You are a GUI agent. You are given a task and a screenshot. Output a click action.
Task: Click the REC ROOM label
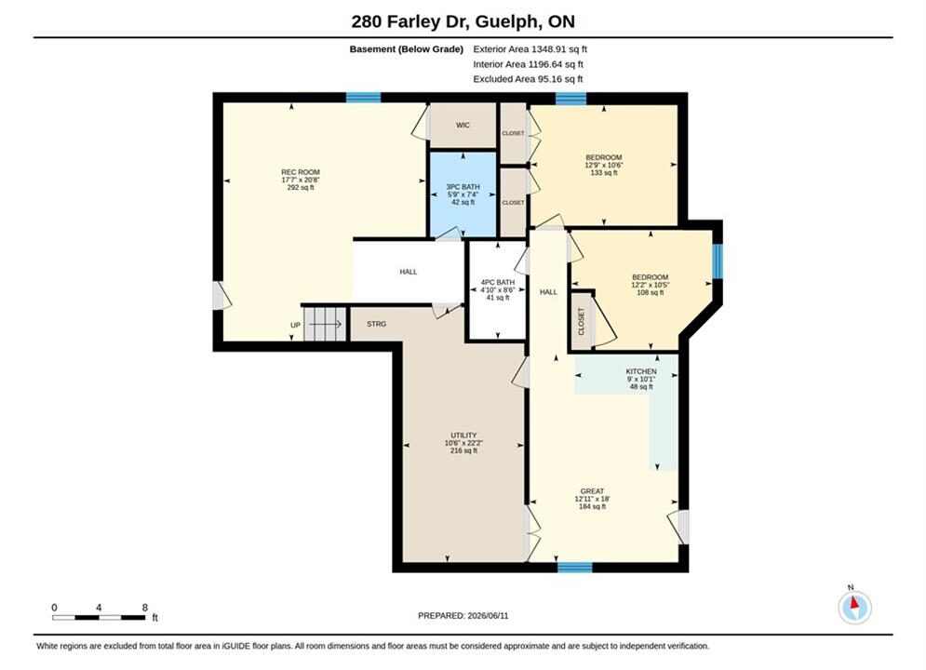[301, 172]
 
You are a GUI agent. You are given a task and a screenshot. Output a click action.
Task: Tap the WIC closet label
[463, 125]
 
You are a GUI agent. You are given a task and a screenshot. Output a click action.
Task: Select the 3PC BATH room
[463, 194]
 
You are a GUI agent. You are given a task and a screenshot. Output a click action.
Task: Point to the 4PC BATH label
[498, 282]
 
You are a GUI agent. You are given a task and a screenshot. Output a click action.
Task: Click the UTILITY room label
[463, 435]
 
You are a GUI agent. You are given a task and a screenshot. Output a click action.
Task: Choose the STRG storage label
[376, 324]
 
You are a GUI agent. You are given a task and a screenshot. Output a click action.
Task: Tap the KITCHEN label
[641, 371]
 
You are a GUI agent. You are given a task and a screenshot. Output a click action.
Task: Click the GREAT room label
[592, 491]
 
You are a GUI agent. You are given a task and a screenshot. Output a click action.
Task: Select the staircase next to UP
[325, 324]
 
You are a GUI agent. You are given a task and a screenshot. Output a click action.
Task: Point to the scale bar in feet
[99, 618]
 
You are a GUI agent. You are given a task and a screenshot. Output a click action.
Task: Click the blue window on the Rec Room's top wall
[363, 98]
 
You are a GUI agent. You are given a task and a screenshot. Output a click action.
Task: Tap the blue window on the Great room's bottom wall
[574, 568]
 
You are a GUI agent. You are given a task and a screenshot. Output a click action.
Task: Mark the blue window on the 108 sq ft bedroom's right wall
[718, 261]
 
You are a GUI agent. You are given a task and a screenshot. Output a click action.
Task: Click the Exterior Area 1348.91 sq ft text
[530, 49]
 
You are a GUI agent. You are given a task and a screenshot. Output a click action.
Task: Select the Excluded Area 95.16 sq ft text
[528, 79]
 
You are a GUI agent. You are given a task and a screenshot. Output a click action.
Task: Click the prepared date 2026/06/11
[488, 616]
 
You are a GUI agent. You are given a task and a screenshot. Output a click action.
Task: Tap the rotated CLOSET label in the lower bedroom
[581, 321]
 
